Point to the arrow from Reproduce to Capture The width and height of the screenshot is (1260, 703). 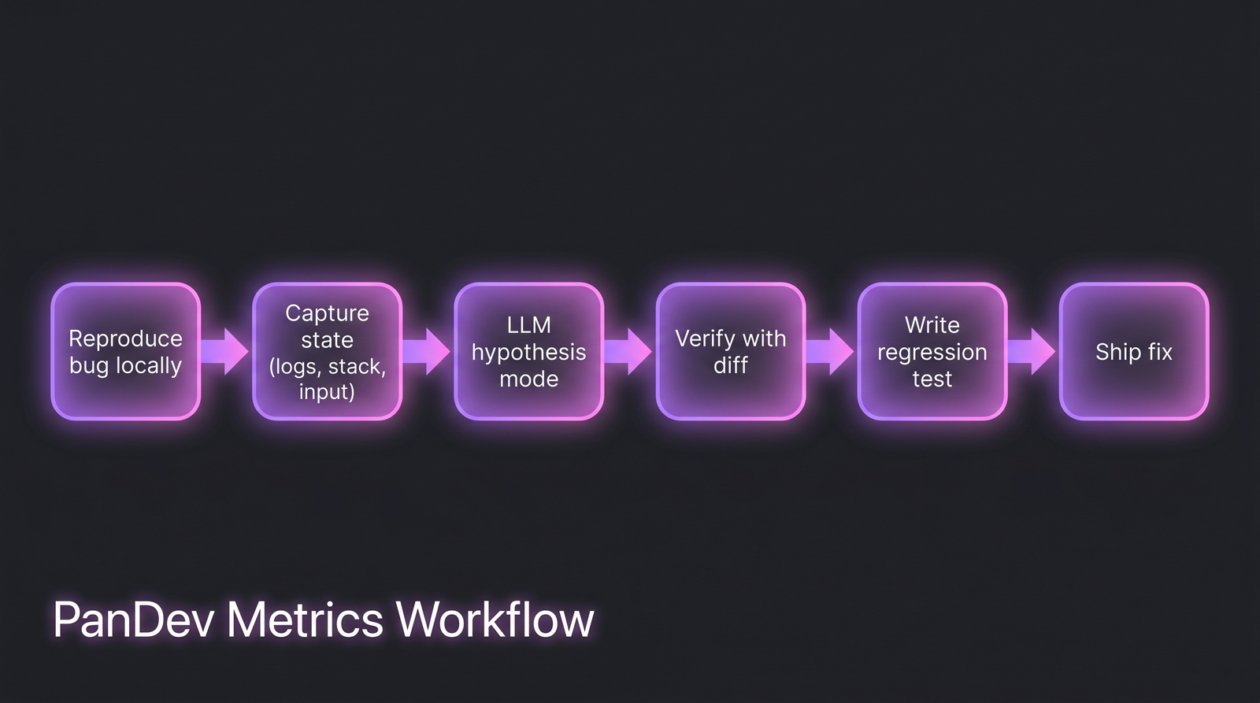(x=226, y=351)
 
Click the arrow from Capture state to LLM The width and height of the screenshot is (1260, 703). (x=428, y=351)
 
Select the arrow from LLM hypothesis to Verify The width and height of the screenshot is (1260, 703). (x=629, y=351)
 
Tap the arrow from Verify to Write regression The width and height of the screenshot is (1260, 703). (x=831, y=351)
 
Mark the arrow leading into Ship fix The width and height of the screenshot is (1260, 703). (x=1032, y=351)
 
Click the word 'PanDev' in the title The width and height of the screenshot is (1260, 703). (x=134, y=620)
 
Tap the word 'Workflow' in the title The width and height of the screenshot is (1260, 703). (x=495, y=620)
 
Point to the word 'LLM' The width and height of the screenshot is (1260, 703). (x=529, y=325)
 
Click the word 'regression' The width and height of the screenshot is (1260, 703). (x=932, y=353)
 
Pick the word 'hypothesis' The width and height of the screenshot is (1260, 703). (x=529, y=353)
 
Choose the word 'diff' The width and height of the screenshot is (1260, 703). (x=731, y=365)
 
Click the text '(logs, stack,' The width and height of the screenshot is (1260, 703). (x=328, y=367)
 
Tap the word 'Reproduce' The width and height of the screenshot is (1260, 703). (x=126, y=339)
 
